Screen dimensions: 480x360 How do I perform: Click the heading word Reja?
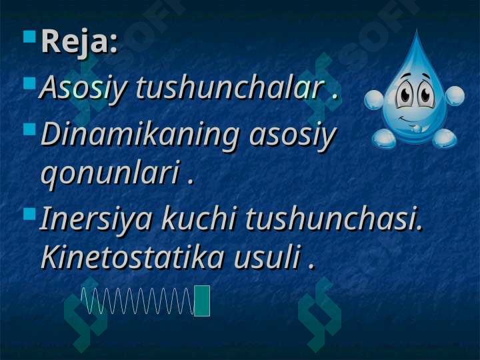coord(79,41)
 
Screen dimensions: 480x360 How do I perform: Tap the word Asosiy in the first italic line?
coord(83,89)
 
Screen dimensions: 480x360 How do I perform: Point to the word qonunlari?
coord(110,174)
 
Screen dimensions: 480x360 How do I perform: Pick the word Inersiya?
coord(95,219)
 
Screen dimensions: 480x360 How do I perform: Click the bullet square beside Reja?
coord(29,36)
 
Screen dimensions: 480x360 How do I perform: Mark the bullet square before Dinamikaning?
coord(29,129)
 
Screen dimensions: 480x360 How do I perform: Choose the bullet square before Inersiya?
coord(29,214)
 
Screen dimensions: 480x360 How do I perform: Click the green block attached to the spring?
coord(202,301)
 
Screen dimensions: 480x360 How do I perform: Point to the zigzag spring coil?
coord(137,301)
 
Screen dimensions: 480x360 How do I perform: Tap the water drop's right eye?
coord(425,94)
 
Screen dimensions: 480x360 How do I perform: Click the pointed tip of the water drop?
coord(416,29)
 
